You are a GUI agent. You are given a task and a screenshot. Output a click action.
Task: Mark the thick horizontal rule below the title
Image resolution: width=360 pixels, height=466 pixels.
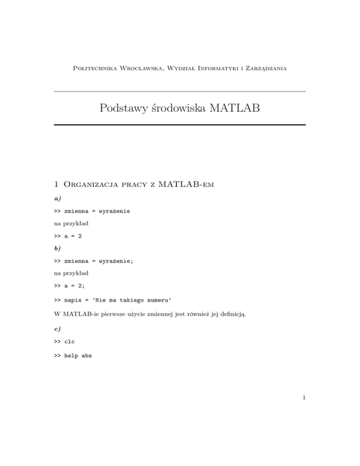pyautogui.click(x=180, y=125)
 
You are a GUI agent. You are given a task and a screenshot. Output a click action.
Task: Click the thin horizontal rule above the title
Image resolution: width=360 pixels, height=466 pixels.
pyautogui.click(x=180, y=91)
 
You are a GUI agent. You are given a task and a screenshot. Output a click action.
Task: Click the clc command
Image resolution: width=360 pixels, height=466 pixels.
pyautogui.click(x=71, y=341)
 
